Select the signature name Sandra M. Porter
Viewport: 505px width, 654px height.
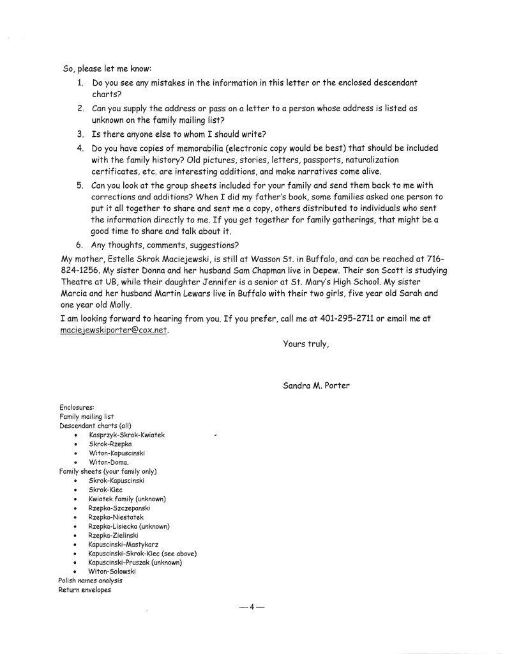tap(316, 385)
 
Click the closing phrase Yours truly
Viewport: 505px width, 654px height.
tap(306, 344)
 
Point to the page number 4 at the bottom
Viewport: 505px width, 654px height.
tap(252, 607)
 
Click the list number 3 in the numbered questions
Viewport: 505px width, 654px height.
tap(81, 134)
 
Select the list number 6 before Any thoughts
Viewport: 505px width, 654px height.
tap(81, 244)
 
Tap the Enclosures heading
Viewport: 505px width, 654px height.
tap(77, 407)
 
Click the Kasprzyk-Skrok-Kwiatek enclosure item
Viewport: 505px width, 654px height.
tap(127, 435)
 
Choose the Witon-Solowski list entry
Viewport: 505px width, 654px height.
tap(112, 572)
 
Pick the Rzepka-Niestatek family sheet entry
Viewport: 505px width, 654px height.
tap(116, 517)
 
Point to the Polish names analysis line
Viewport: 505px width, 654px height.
tap(91, 580)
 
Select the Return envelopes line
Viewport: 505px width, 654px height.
tap(85, 589)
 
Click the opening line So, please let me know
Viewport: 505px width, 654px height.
tap(105, 68)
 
